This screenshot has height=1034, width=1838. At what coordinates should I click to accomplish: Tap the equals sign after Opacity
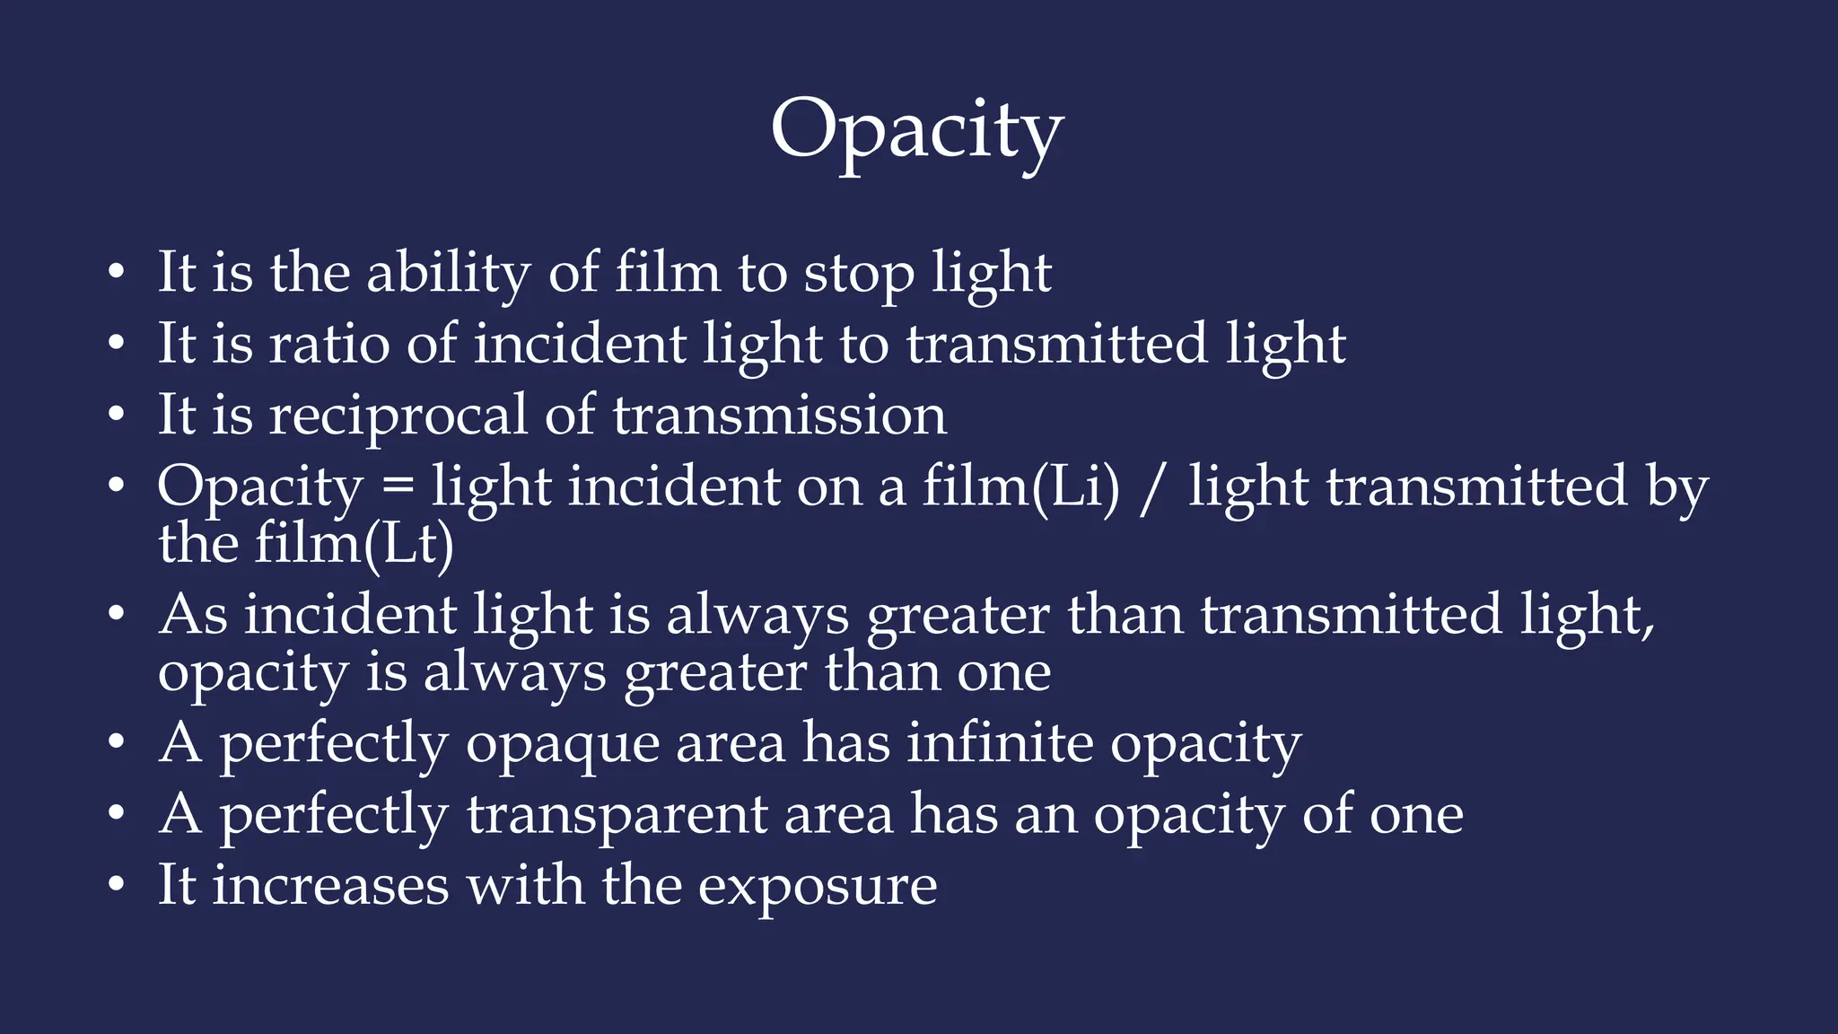pos(398,488)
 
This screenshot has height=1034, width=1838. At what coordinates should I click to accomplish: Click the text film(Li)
pos(1021,487)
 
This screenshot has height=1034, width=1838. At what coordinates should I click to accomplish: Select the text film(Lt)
pos(354,544)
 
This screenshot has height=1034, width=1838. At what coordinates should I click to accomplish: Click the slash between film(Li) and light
pos(1154,489)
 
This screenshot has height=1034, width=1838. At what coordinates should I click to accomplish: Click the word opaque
pos(563,745)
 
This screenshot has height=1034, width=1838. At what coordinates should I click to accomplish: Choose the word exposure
pos(818,887)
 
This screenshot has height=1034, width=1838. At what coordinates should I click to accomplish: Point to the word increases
pos(330,886)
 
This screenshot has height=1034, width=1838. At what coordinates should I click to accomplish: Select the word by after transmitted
pos(1676,489)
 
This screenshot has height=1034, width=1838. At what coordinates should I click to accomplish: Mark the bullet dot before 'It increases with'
pos(115,887)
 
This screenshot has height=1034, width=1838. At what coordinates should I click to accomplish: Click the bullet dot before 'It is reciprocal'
pos(115,416)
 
